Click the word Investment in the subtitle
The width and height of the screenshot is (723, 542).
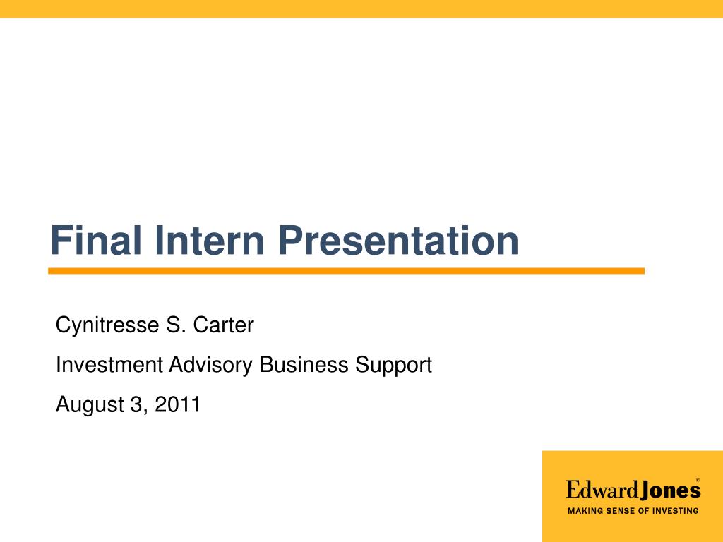click(x=109, y=366)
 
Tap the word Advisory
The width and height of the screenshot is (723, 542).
click(x=211, y=366)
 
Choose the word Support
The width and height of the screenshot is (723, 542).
click(x=393, y=366)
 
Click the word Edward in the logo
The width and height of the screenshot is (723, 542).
click(x=602, y=490)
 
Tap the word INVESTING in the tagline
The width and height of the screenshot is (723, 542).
click(x=675, y=511)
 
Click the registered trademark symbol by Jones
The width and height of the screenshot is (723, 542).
click(x=698, y=480)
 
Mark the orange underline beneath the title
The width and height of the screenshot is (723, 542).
click(x=346, y=271)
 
